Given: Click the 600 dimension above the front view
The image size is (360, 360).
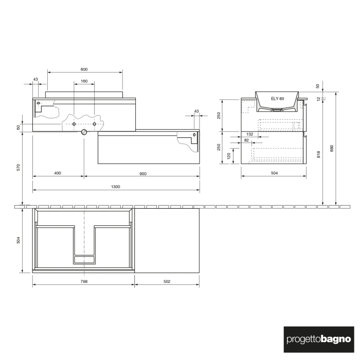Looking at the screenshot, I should click(x=84, y=69).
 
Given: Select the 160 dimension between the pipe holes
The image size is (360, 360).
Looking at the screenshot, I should click(x=84, y=81).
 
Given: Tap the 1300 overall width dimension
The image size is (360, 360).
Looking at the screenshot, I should click(x=116, y=187).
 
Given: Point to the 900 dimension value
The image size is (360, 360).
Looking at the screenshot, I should click(x=142, y=173).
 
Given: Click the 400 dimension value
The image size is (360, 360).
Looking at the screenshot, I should click(x=57, y=173).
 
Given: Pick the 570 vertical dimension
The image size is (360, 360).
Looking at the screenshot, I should click(x=17, y=167).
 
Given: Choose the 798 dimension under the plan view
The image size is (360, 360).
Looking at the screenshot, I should click(x=84, y=281).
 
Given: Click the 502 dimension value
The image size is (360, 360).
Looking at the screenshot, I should click(x=167, y=281).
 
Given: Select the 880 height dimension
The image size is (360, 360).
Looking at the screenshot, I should click(x=332, y=148).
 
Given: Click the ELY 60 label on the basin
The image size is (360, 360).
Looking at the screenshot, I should click(x=277, y=98).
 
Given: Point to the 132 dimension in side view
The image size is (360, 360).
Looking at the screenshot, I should click(x=250, y=134).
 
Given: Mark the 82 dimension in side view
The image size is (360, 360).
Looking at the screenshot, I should click(x=247, y=140).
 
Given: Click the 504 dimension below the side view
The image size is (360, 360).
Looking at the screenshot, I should click(x=274, y=173).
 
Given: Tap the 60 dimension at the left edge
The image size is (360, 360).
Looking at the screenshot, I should click(x=18, y=127).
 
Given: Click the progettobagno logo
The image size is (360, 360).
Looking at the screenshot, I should click(x=318, y=339).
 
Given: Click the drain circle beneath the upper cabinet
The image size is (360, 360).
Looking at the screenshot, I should click(x=84, y=132).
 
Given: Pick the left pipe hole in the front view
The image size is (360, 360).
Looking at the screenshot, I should click(x=75, y=124).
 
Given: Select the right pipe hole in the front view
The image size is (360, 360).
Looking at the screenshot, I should click(x=95, y=124).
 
